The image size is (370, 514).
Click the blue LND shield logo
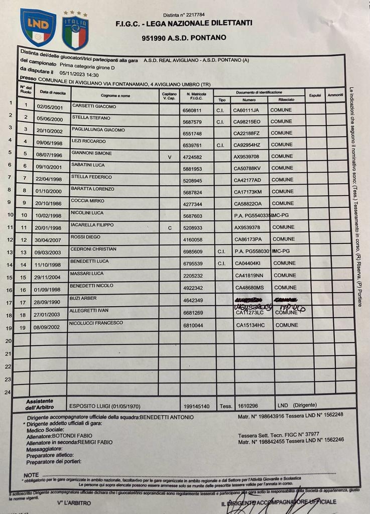tap(38, 28)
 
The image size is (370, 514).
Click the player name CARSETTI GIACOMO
tap(94, 106)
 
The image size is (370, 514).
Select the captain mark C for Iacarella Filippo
tap(169, 228)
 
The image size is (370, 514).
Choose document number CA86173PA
tap(250, 239)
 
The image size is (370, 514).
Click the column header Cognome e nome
tap(115, 95)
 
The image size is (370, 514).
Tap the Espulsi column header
tap(315, 95)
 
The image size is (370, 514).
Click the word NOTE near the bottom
tap(31, 475)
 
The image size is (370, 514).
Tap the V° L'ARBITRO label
tap(74, 502)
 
